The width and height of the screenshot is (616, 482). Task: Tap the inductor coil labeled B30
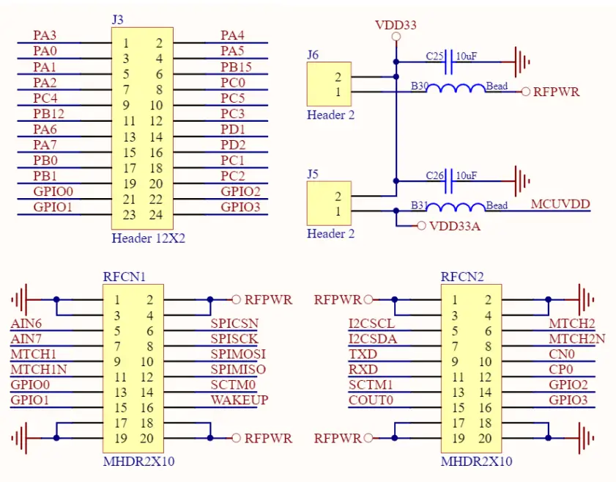[456, 90]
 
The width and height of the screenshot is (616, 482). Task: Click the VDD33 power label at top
[396, 25]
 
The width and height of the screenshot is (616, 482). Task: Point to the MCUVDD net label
[560, 204]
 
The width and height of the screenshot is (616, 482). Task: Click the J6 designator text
[313, 54]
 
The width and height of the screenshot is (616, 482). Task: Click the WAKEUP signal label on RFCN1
[239, 400]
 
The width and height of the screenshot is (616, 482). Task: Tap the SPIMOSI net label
[238, 354]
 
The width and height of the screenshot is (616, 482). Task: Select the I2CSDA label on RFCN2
[372, 338]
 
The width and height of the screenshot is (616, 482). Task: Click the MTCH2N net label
[577, 338]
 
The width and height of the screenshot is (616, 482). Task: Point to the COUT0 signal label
[371, 400]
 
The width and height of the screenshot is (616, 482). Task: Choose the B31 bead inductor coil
[456, 208]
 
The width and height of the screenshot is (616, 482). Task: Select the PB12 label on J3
[48, 114]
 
